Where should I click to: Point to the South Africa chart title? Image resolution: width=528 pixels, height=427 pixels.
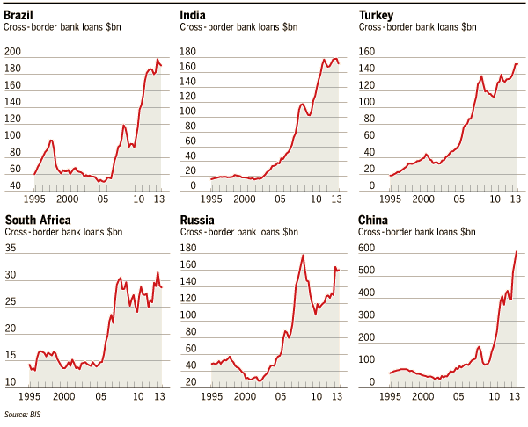coord(39,220)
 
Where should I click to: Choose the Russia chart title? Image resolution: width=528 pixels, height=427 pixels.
coord(199,220)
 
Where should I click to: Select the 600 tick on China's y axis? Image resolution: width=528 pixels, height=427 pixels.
coord(368,249)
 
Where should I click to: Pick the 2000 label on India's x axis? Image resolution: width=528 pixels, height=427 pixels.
coord(247,199)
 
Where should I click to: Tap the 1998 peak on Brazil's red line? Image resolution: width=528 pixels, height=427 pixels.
coord(51,140)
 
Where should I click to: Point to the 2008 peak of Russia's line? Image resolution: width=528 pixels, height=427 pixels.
coord(303,256)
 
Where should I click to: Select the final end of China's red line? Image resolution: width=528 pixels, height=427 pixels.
coord(517,251)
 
